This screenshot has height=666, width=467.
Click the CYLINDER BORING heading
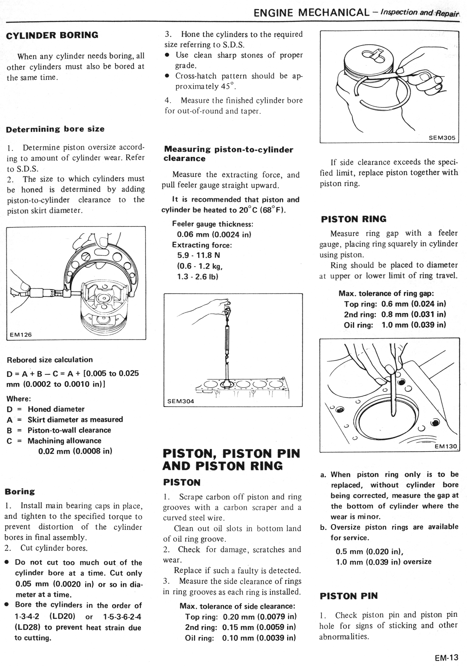52,35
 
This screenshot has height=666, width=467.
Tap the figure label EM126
21,334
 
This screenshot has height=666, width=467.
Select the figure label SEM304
181,401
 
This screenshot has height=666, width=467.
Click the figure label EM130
446,446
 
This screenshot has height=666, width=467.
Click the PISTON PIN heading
349,596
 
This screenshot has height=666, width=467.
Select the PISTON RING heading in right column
354,219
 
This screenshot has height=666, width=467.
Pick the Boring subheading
20,491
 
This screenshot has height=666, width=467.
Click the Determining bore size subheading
55,129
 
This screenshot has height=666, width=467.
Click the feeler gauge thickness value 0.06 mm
193,234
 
